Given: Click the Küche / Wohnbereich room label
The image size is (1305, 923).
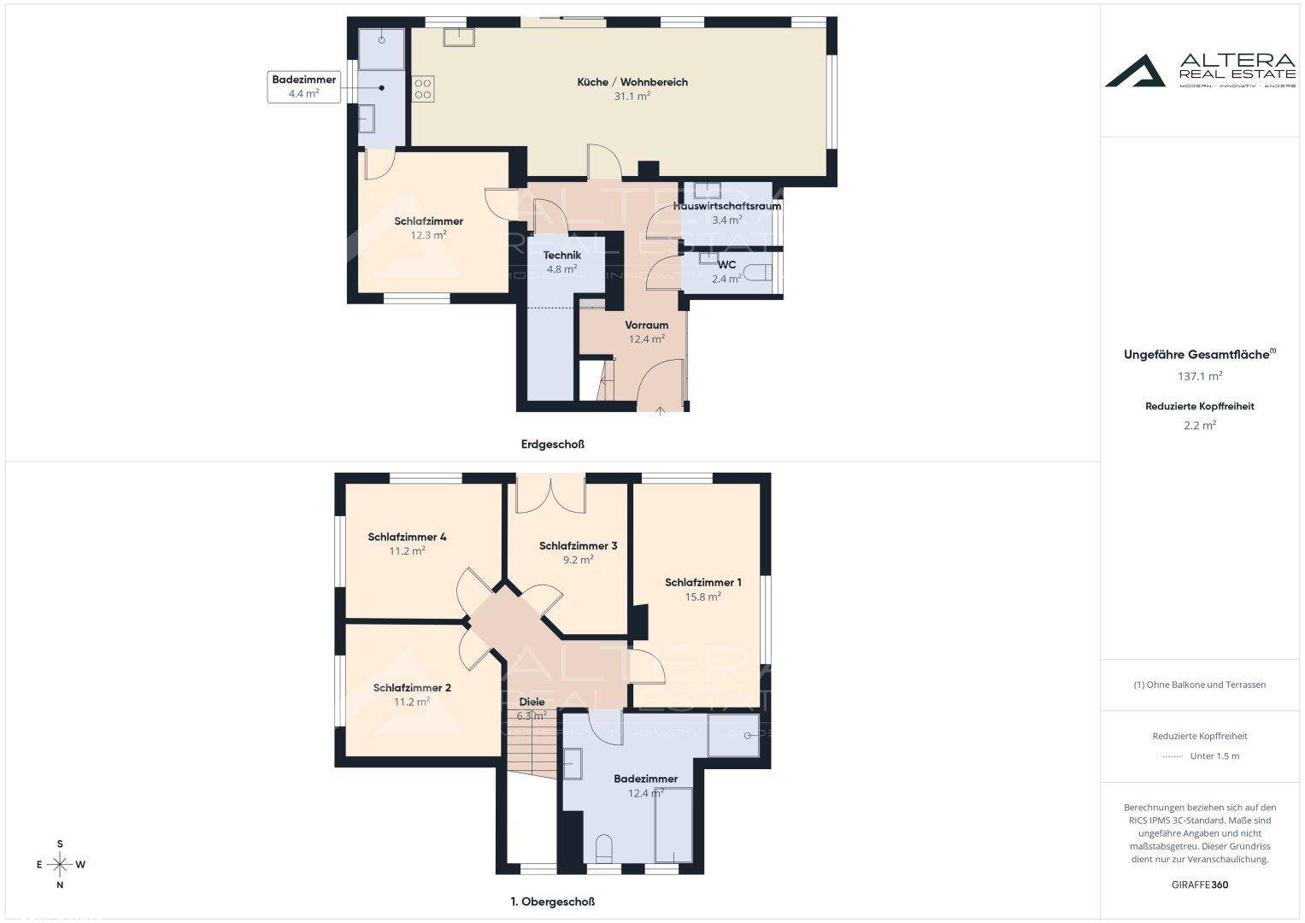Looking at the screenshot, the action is (x=632, y=82).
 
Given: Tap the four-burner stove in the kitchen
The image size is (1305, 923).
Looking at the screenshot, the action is (x=423, y=89).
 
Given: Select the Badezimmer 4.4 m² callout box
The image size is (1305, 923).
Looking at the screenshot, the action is (x=303, y=87).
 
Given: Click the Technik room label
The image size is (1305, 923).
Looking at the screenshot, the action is (x=562, y=256).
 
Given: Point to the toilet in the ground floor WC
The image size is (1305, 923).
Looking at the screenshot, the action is (x=757, y=272).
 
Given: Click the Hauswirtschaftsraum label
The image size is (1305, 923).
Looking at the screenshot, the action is (x=727, y=206).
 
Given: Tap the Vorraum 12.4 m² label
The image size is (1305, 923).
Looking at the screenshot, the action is (x=647, y=332).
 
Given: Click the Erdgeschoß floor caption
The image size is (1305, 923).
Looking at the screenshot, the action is (x=552, y=444).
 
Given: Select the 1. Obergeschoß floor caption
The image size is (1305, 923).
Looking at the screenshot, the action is (x=552, y=902).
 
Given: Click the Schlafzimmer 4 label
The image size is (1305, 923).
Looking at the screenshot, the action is (x=408, y=537).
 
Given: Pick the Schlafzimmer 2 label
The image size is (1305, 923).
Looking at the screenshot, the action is (x=412, y=688).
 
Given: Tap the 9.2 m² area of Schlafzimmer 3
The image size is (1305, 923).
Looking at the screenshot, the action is (x=578, y=560).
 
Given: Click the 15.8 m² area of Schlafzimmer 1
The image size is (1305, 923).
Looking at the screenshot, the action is (x=703, y=597).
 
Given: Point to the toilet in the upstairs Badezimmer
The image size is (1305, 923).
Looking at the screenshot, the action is (x=604, y=849).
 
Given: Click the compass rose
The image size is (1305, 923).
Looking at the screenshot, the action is (x=60, y=864).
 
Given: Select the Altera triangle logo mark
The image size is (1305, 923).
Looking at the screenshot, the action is (x=1135, y=72).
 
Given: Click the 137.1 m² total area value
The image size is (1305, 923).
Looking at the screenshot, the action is (x=1200, y=376).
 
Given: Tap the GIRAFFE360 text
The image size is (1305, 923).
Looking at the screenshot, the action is (x=1200, y=885).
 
